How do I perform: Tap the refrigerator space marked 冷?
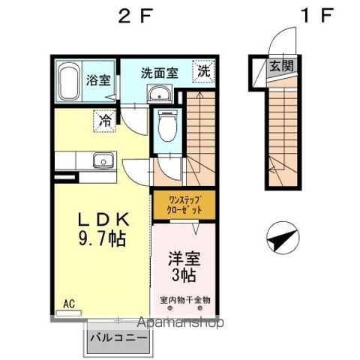(x=104, y=118)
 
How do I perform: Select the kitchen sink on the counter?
(x=100, y=160)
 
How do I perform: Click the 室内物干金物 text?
(x=184, y=300)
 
